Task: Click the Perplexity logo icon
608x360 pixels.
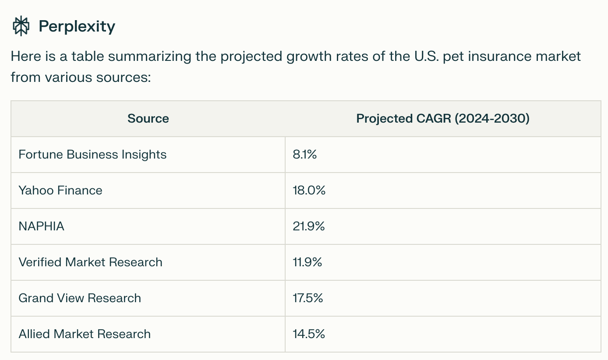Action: tap(21, 26)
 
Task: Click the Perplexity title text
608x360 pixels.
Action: tap(77, 27)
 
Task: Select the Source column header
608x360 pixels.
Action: tap(148, 119)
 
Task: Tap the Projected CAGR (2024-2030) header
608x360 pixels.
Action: tap(443, 119)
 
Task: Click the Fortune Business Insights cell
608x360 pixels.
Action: tap(92, 155)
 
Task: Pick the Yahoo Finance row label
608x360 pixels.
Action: tap(60, 191)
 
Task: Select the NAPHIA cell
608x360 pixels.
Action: tap(41, 226)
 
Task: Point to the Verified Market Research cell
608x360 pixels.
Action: tap(90, 262)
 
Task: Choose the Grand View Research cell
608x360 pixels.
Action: tap(80, 298)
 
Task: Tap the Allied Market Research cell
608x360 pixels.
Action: tap(85, 334)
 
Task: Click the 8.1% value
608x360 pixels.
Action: tap(304, 155)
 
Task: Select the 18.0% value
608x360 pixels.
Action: tap(309, 191)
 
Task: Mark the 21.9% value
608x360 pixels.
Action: tap(308, 226)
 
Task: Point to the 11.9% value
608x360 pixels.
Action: tap(307, 262)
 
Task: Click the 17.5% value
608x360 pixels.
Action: tap(308, 298)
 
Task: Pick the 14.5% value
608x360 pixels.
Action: tap(308, 334)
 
